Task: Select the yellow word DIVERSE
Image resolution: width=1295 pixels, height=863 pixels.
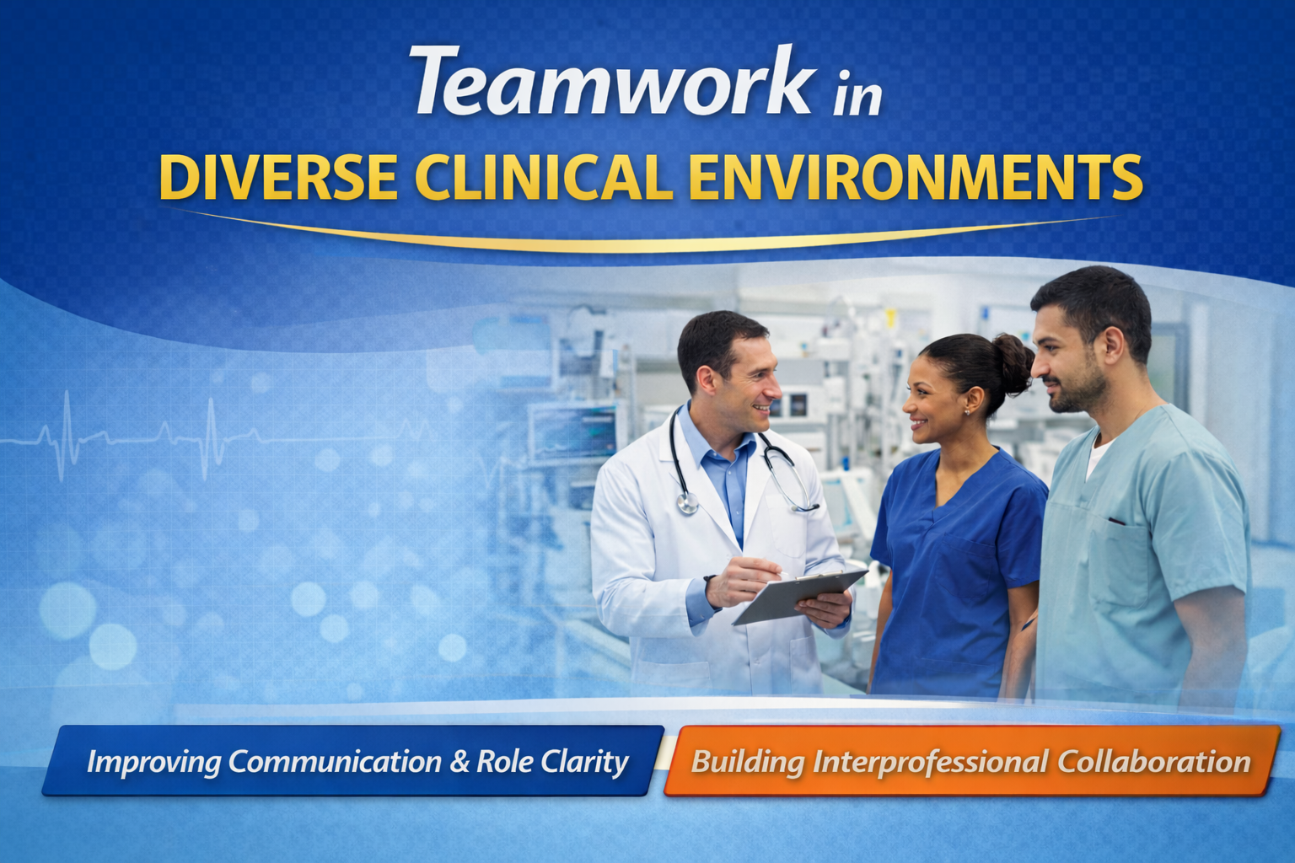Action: tap(278, 178)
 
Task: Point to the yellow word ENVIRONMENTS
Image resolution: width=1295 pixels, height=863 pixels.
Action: tap(915, 178)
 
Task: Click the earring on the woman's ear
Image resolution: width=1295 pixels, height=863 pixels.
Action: tap(967, 411)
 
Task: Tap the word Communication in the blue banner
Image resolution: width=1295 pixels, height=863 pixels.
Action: tap(335, 762)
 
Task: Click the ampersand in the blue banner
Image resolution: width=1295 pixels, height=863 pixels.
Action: tap(459, 762)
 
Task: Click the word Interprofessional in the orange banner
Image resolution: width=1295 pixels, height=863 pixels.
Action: tap(931, 762)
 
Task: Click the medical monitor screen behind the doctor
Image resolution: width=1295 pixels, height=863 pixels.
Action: tap(573, 430)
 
